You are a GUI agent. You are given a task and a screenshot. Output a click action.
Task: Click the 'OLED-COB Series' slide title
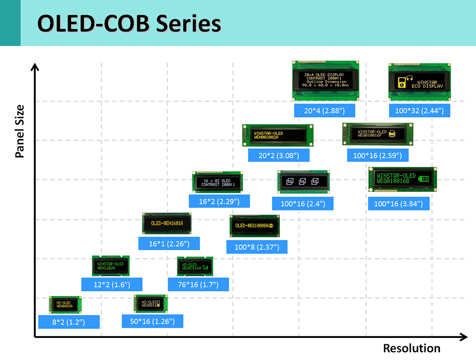(x=129, y=24)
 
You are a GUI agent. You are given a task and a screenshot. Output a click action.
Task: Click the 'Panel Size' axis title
(x=20, y=131)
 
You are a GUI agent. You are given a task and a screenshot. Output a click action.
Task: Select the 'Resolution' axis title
(x=411, y=348)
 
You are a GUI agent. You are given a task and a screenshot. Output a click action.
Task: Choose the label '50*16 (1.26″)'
(x=152, y=321)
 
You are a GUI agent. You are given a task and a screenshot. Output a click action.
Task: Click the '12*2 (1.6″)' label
(x=112, y=284)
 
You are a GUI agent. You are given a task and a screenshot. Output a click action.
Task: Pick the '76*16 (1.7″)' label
(x=198, y=284)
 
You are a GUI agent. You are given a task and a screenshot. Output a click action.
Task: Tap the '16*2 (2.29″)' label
(x=219, y=201)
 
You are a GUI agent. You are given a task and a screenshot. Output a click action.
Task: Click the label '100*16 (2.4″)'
(x=303, y=203)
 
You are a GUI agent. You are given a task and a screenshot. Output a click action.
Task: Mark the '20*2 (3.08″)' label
(x=279, y=155)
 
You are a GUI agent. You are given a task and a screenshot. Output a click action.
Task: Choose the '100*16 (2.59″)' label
(x=378, y=155)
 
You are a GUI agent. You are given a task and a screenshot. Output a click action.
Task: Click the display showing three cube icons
(x=303, y=181)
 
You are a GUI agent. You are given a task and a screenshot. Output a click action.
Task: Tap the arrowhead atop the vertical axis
(x=34, y=67)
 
